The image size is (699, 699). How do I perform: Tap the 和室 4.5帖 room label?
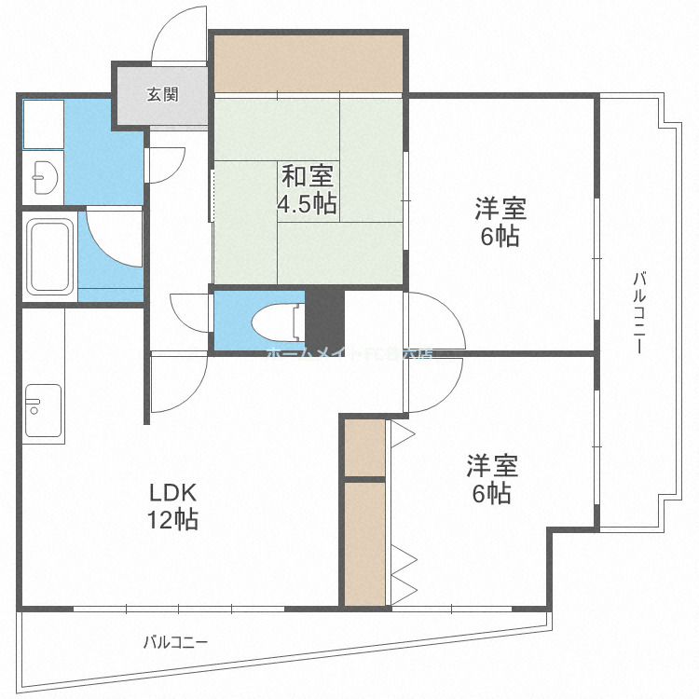(307, 189)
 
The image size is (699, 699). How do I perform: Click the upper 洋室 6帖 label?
(500, 223)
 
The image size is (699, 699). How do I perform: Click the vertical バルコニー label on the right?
(639, 312)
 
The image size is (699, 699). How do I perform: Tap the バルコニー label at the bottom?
(175, 642)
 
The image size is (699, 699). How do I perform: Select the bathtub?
(50, 256)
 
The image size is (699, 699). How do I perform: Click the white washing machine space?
(43, 123)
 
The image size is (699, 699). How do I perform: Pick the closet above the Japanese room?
(308, 64)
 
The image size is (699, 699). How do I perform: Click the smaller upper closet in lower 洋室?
(364, 447)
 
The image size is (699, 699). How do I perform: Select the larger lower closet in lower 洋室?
(364, 541)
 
